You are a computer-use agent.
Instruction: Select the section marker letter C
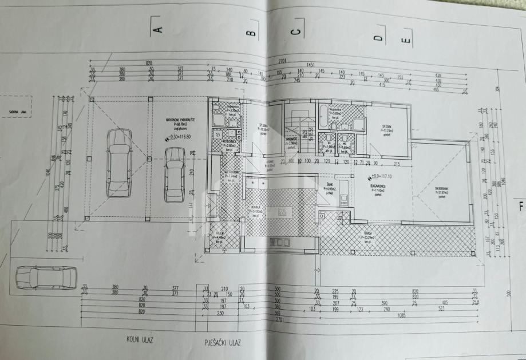pos(295,32)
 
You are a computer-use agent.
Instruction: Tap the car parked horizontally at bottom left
pos(45,278)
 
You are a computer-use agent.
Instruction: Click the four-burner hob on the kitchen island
pos(282,212)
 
